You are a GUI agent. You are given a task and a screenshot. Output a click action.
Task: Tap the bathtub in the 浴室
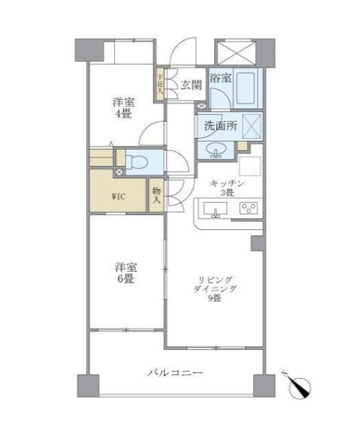click(x=246, y=88)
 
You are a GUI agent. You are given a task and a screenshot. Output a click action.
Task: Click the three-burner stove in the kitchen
click(x=249, y=208)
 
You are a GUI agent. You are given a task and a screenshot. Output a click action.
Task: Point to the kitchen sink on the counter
click(x=216, y=209)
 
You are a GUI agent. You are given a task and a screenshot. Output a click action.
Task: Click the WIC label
click(x=119, y=197)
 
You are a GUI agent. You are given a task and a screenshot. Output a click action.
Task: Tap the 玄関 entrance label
click(x=191, y=86)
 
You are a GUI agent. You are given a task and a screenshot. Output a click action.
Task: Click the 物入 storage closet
click(x=157, y=195)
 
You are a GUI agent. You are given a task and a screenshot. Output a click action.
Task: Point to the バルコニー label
click(x=175, y=374)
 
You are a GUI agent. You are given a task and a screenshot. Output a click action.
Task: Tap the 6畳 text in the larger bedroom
click(x=126, y=279)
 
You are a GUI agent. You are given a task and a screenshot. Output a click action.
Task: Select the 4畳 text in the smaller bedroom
click(x=123, y=114)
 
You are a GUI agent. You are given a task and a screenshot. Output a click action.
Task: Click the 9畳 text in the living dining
click(x=214, y=298)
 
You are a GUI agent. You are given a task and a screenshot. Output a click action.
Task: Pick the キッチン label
click(x=228, y=183)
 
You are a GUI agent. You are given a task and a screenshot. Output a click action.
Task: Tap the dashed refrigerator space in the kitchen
click(x=249, y=166)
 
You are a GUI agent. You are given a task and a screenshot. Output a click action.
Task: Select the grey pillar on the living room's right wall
click(x=257, y=243)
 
